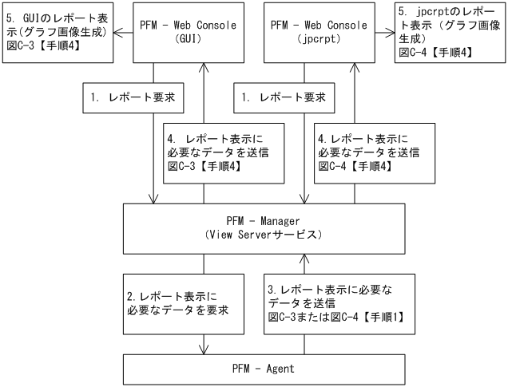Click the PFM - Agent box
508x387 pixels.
click(263, 369)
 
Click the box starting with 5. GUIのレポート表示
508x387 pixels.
click(55, 33)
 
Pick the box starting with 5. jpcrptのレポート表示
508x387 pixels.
click(450, 33)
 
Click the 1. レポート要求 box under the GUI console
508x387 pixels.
click(133, 99)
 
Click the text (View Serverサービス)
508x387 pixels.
click(263, 236)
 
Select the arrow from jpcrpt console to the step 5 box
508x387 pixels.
click(386, 34)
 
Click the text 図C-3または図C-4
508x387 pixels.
click(312, 316)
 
